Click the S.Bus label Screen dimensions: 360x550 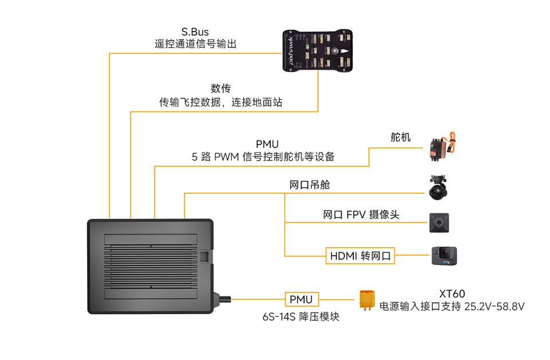pyautogui.click(x=195, y=32)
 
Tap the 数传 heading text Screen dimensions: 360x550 pyautogui.click(x=221, y=88)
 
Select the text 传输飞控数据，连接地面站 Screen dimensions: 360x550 pyautogui.click(x=221, y=103)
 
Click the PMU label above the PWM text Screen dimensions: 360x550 pyautogui.click(x=267, y=143)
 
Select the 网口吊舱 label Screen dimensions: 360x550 pyautogui.click(x=309, y=185)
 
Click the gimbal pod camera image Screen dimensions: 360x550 pyautogui.click(x=439, y=187)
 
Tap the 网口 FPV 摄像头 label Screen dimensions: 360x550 pyautogui.click(x=361, y=215)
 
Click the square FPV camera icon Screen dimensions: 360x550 pyautogui.click(x=439, y=222)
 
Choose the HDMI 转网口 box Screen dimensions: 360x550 pyautogui.click(x=360, y=256)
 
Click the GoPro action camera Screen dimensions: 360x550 pyautogui.click(x=444, y=256)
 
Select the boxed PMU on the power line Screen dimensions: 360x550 pyautogui.click(x=301, y=299)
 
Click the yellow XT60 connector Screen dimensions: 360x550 pyautogui.click(x=367, y=300)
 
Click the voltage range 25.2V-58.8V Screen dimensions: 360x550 pyautogui.click(x=494, y=307)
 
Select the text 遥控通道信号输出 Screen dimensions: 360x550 pyautogui.click(x=195, y=44)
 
